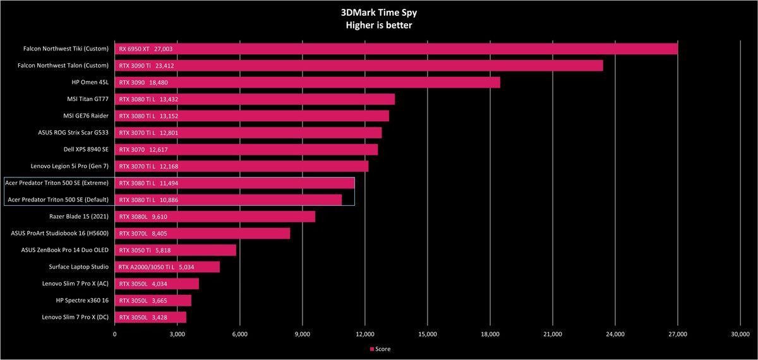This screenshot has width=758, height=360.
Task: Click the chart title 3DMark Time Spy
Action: coord(378,13)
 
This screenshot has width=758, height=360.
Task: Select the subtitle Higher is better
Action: coord(378,25)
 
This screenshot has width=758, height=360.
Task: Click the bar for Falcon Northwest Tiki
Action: coord(396,49)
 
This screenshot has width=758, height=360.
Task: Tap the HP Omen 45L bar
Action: coord(307,82)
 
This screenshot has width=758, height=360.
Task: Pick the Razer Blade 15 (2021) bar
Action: coord(215,217)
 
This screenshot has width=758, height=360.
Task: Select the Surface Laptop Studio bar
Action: coord(167,267)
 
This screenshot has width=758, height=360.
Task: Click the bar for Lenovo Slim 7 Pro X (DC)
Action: coord(150,317)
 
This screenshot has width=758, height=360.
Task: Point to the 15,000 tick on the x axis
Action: coord(428,334)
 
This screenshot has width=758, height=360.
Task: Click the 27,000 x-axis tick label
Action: coord(677,334)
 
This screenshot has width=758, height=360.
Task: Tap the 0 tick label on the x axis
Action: coord(115,334)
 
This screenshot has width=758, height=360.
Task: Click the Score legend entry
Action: coord(380,349)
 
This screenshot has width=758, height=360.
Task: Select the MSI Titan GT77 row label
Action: coord(88,99)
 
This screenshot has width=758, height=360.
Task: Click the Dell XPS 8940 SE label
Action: coord(86,149)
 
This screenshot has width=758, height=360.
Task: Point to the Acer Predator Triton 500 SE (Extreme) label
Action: coord(57,183)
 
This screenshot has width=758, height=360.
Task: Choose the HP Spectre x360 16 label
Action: coord(82,301)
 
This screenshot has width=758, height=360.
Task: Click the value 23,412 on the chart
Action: coord(164,66)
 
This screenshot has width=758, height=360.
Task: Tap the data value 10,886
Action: coord(169,200)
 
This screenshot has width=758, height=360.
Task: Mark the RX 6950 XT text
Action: coord(134,49)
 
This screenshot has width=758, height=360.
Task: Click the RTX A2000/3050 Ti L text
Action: coord(146,267)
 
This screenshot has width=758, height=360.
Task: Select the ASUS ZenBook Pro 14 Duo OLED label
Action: coord(65,250)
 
